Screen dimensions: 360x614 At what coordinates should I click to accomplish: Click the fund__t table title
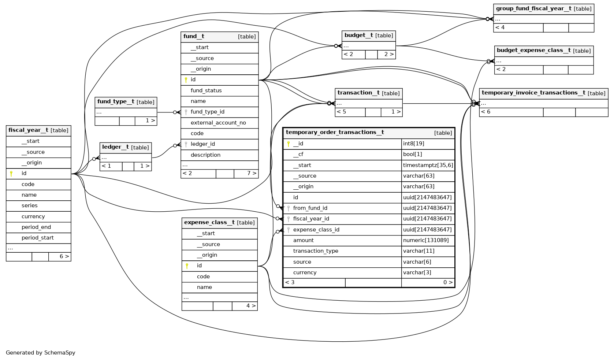click(194, 37)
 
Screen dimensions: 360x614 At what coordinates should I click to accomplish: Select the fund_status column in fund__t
click(206, 90)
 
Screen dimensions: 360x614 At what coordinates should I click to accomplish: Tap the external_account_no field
click(218, 123)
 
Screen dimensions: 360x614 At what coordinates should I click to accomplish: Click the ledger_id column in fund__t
click(203, 144)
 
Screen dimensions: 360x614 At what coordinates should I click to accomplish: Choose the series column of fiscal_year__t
click(30, 205)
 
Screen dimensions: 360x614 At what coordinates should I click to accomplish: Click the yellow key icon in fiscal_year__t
click(11, 174)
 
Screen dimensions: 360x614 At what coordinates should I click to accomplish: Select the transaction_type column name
click(316, 251)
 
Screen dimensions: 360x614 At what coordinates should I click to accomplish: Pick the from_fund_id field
click(310, 208)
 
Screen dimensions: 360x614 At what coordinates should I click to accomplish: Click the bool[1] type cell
click(413, 154)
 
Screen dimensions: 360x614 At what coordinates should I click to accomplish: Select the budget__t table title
click(359, 36)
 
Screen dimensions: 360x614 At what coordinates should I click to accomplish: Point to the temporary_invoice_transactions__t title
click(533, 93)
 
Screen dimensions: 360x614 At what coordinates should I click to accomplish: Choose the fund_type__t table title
click(116, 102)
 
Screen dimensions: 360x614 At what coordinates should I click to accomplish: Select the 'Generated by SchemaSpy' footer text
click(41, 353)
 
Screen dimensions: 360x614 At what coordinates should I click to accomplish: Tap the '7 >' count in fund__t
click(251, 173)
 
